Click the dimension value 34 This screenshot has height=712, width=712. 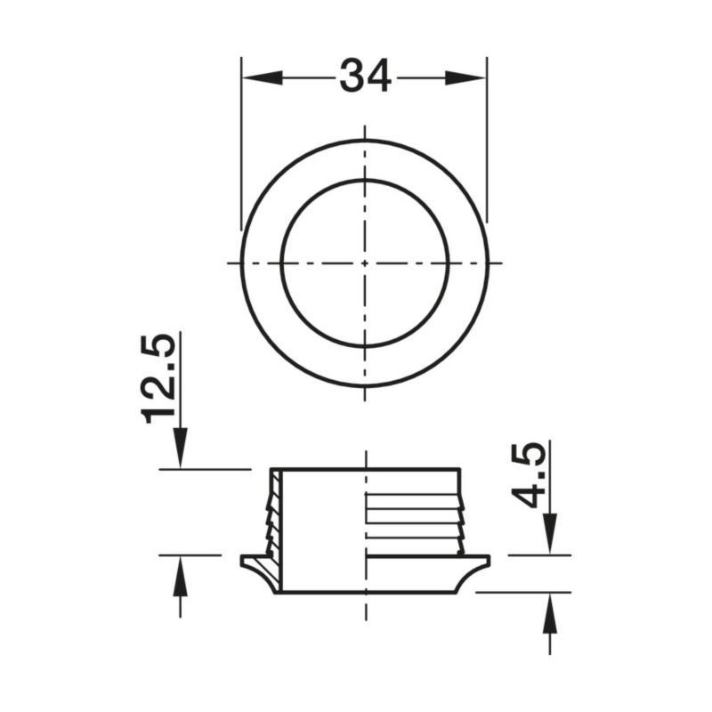tap(365, 77)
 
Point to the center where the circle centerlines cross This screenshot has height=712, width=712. tap(365, 263)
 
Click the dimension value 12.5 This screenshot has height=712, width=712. tap(161, 379)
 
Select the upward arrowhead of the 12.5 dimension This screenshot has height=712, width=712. tap(181, 573)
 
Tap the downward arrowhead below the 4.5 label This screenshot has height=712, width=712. tap(550, 534)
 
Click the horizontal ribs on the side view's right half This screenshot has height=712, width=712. tap(414, 516)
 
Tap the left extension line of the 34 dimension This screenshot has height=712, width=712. tap(241, 142)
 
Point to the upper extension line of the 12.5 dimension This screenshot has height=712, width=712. tap(205, 468)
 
